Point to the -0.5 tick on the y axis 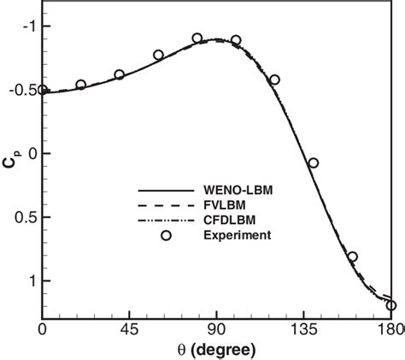(22, 90)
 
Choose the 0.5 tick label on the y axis (25, 217)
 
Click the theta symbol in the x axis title (184, 350)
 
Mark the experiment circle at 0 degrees (43, 90)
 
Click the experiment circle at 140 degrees (314, 162)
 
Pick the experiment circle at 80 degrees (197, 38)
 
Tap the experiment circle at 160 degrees (352, 257)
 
